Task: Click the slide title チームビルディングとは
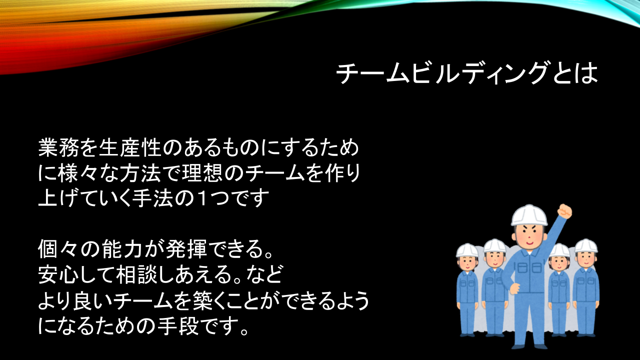pyautogui.click(x=467, y=73)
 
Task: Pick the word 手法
pyautogui.click(x=152, y=198)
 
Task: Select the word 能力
pyautogui.click(x=123, y=249)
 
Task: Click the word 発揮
pyautogui.click(x=185, y=249)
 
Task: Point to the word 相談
pyautogui.click(x=136, y=274)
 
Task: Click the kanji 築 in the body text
pyautogui.click(x=203, y=300)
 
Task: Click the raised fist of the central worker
pyautogui.click(x=565, y=211)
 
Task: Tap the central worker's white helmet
pyautogui.click(x=529, y=215)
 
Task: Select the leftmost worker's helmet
pyautogui.click(x=467, y=250)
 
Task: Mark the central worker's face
pyautogui.click(x=529, y=236)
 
